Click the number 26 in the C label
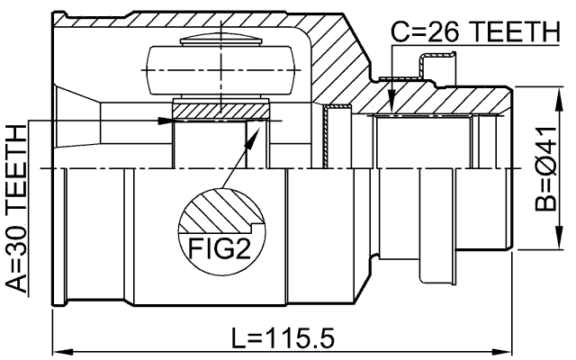442,32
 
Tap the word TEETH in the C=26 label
511,32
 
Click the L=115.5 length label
283,339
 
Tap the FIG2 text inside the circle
219,246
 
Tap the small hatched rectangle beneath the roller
220,110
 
